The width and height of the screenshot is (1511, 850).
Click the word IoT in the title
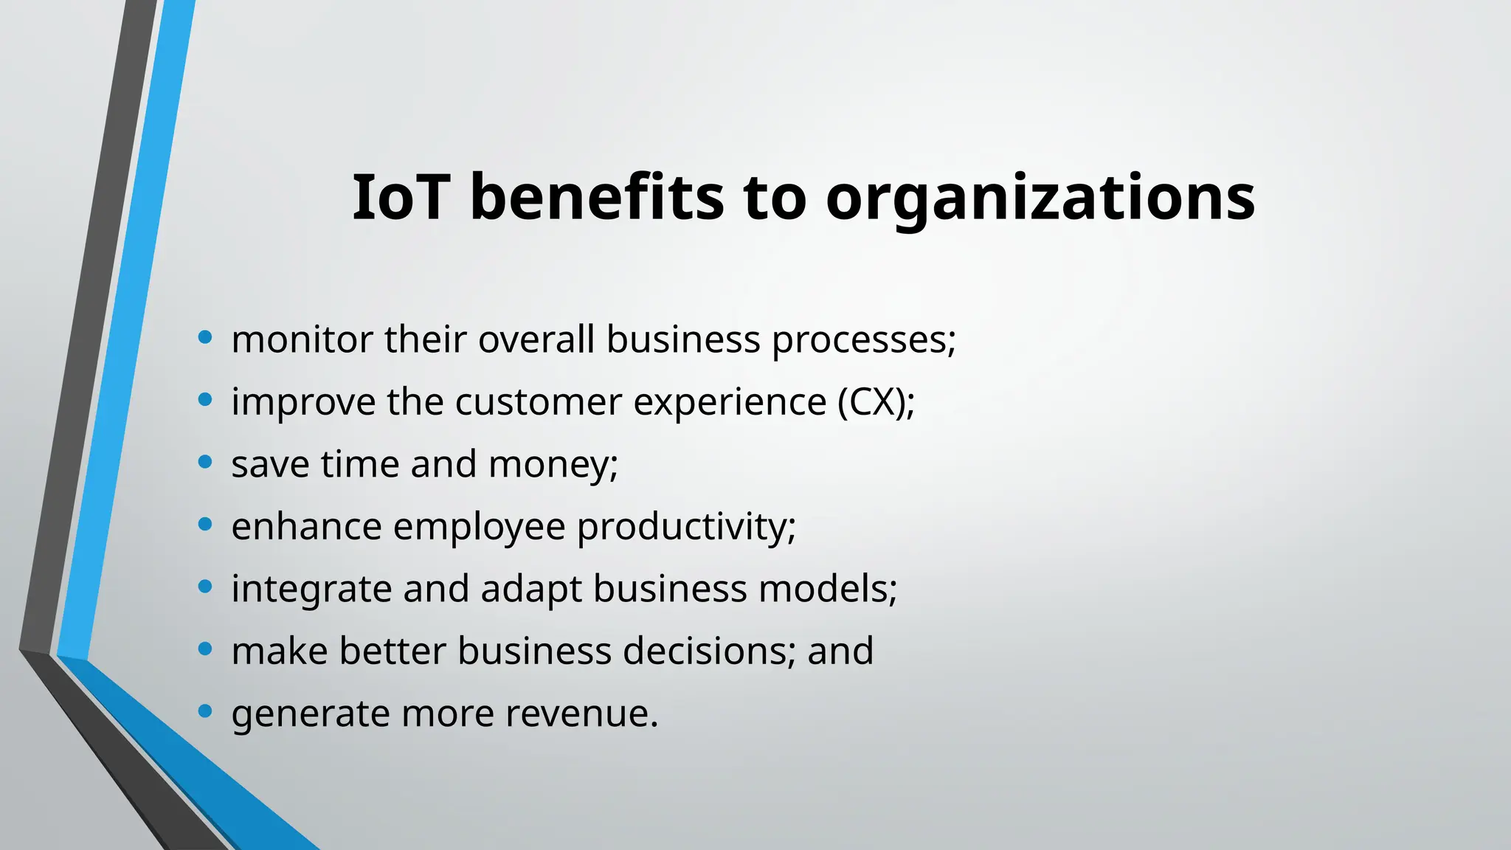[400, 197]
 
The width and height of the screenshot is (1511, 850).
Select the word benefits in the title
[597, 197]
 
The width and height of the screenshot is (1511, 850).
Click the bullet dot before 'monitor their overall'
[205, 337]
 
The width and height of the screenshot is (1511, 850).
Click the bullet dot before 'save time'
[205, 462]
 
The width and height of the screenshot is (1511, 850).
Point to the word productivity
[685, 528]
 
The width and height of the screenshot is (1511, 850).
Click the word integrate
[311, 590]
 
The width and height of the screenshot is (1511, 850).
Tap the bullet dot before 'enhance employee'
[205, 525]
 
